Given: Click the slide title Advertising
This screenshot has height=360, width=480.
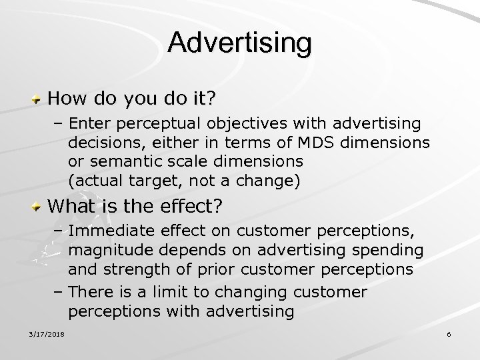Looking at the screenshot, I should pyautogui.click(x=239, y=43).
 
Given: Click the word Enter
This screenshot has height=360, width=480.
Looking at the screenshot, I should pyautogui.click(x=90, y=123).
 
